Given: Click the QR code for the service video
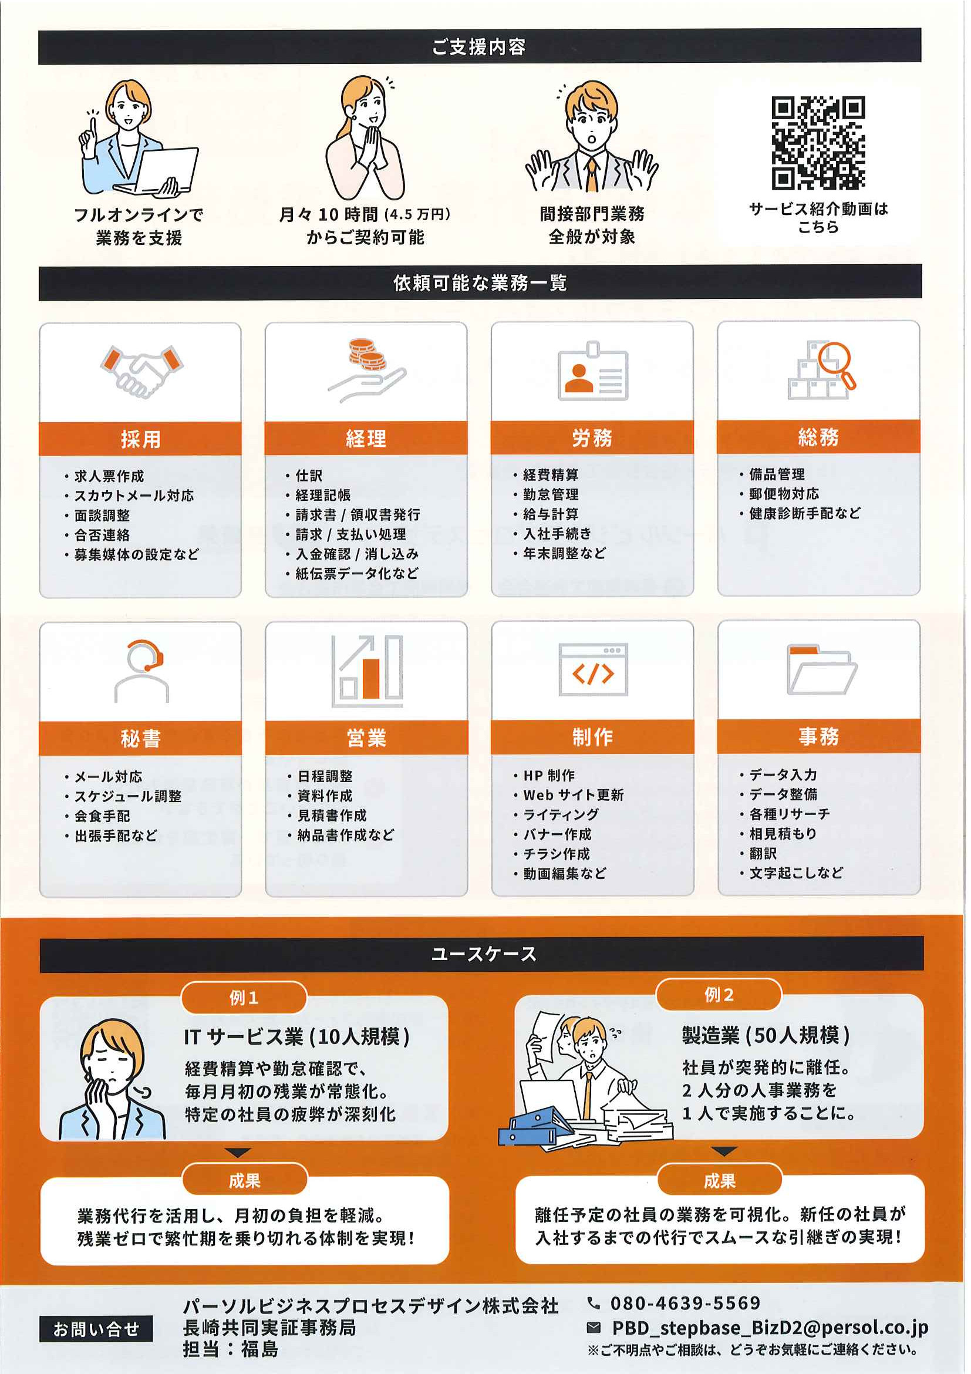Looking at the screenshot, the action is [818, 143].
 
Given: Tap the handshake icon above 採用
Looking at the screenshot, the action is [141, 371].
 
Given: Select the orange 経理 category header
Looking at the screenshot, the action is [366, 438].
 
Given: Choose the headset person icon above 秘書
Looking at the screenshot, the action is [142, 671].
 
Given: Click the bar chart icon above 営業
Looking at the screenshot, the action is [368, 671].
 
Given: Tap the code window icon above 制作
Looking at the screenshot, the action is [593, 669].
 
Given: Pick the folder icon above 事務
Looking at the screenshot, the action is [822, 669].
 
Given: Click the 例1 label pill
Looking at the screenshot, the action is [244, 998].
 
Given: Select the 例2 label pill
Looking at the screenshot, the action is [719, 995].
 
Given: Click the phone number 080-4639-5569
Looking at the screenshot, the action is [685, 1303].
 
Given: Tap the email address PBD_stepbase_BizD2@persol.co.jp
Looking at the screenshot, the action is [770, 1328].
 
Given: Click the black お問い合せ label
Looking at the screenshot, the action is [96, 1329].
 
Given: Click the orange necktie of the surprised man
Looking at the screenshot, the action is [591, 173].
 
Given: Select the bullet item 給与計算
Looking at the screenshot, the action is [551, 514].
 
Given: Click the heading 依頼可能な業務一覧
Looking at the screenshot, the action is [480, 282].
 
